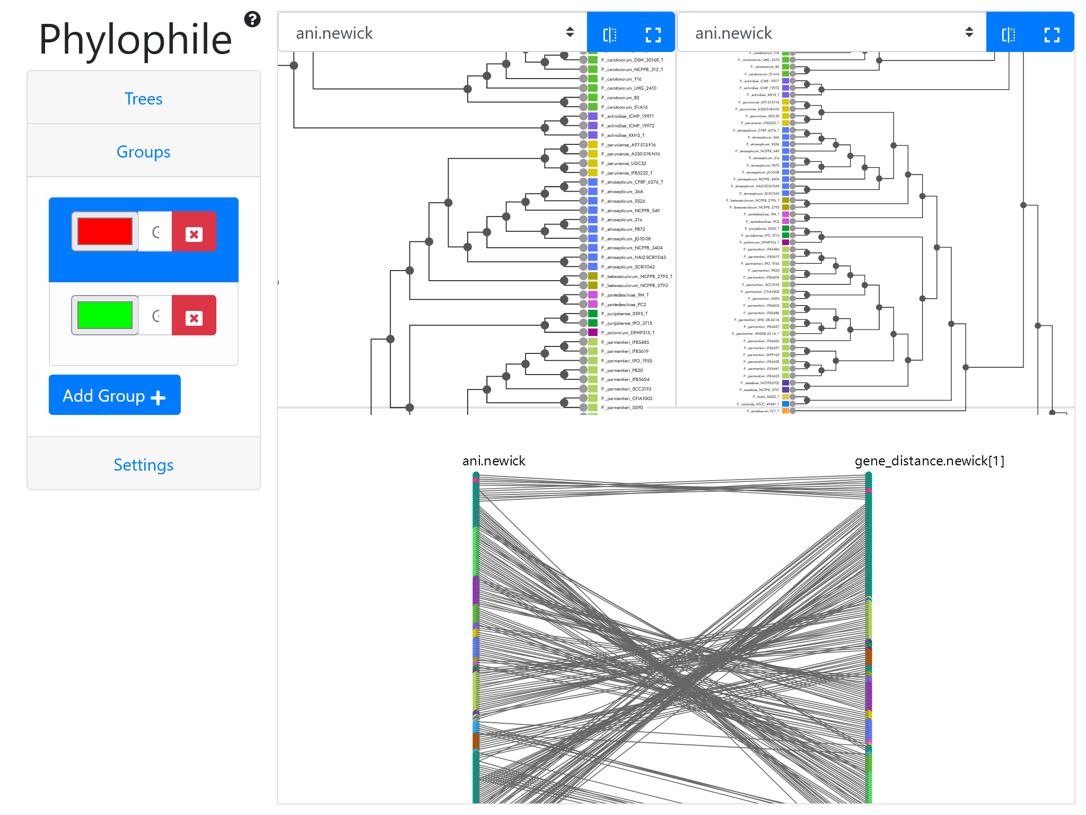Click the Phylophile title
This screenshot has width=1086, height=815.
(135, 40)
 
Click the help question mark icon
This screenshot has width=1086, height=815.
(252, 20)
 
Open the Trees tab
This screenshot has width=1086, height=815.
(143, 99)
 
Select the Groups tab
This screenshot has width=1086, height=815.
(143, 152)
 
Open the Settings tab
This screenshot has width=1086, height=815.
(143, 465)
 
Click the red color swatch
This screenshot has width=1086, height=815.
(105, 231)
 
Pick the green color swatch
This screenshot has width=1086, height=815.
(105, 315)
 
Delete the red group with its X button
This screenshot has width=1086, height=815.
(194, 233)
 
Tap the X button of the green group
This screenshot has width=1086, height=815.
(194, 317)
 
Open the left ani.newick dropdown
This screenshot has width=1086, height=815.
(432, 33)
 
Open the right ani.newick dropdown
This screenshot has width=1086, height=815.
(831, 33)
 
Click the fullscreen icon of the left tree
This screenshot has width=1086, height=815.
(653, 35)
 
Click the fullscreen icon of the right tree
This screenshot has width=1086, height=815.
(1052, 35)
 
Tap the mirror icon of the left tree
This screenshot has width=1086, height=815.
(610, 35)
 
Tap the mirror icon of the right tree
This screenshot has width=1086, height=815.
(1009, 35)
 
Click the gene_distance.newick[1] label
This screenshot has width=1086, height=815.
(930, 461)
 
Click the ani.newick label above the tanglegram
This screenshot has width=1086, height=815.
(494, 461)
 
